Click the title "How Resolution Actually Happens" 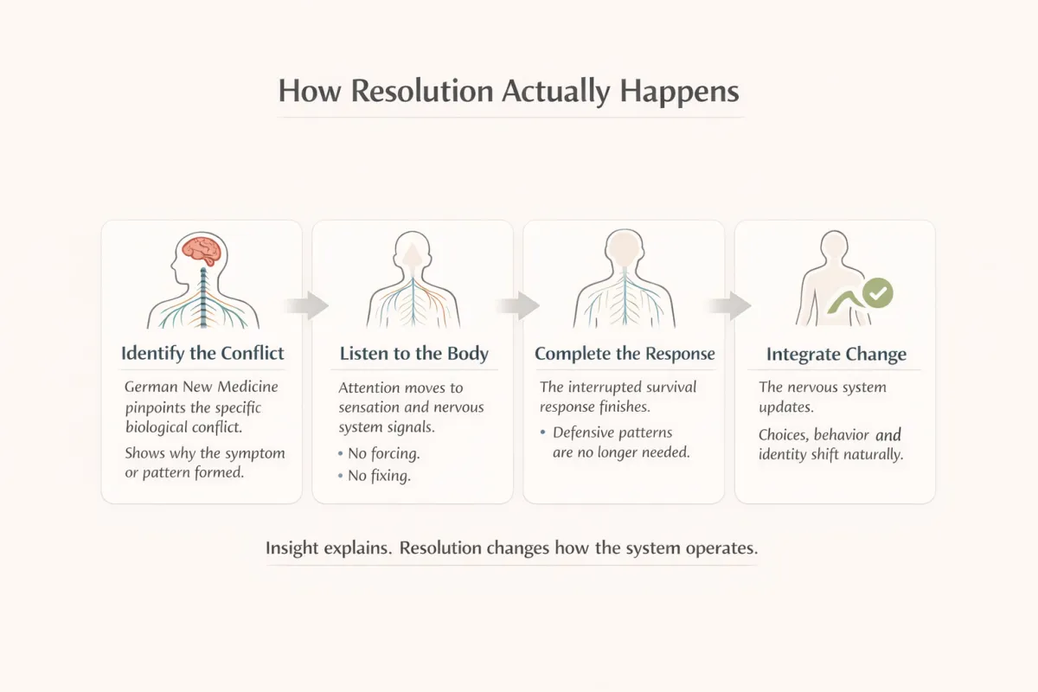click(509, 92)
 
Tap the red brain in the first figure click(202, 250)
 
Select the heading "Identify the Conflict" click(202, 353)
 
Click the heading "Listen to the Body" click(413, 353)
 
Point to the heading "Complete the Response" click(625, 353)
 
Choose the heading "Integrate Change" click(836, 354)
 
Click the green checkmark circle click(878, 293)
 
